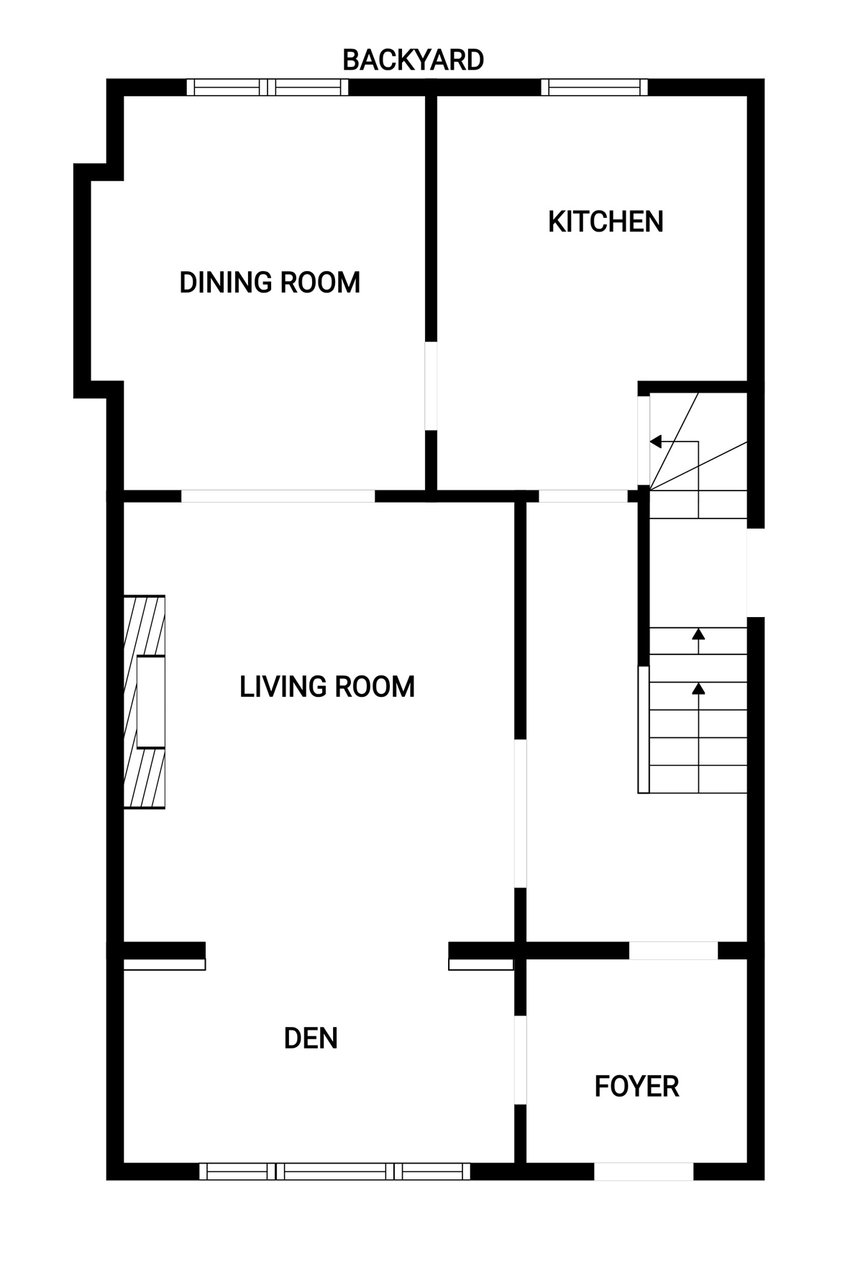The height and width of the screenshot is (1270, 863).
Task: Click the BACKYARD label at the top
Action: tap(413, 60)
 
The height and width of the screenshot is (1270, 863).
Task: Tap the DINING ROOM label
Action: tap(270, 283)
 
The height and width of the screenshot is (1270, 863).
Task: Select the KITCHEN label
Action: tap(606, 221)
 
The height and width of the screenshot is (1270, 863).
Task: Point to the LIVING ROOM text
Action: tap(327, 687)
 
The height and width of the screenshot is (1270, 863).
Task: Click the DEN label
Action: tap(311, 1038)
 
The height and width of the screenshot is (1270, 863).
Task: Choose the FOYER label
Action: tap(636, 1087)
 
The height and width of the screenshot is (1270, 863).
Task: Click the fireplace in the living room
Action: tap(145, 701)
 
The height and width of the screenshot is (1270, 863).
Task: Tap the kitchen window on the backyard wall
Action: tap(594, 88)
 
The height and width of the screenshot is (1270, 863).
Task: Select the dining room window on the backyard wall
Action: tap(268, 88)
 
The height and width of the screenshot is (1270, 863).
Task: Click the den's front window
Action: tap(334, 1171)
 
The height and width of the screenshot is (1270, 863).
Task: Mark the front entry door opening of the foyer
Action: tap(644, 1171)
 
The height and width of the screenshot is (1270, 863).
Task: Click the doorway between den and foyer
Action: tap(520, 1060)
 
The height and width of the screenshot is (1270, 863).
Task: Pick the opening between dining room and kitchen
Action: tap(431, 385)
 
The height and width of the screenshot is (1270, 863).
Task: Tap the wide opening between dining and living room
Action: tap(278, 496)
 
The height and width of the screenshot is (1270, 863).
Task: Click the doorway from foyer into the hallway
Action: tap(674, 950)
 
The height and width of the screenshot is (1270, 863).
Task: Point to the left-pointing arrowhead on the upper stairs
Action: tap(656, 442)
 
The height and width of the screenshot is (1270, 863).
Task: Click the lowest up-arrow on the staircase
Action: tap(698, 689)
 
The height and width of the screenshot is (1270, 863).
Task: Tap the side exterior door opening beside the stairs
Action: tap(756, 572)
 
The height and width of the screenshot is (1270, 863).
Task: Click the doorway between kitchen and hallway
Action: tap(583, 496)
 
